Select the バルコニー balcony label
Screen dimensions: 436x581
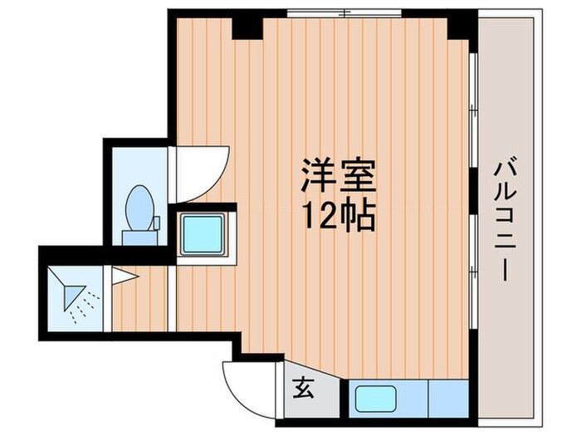(x=504, y=220)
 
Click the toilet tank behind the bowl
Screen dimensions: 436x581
(x=137, y=237)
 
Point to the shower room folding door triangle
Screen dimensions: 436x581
(x=124, y=273)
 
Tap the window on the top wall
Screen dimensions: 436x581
(x=344, y=14)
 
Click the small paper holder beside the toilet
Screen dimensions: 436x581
(x=155, y=221)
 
